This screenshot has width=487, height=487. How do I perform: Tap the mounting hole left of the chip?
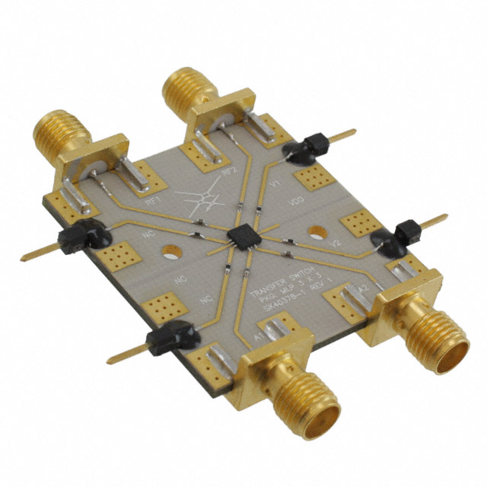[x=168, y=250]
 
